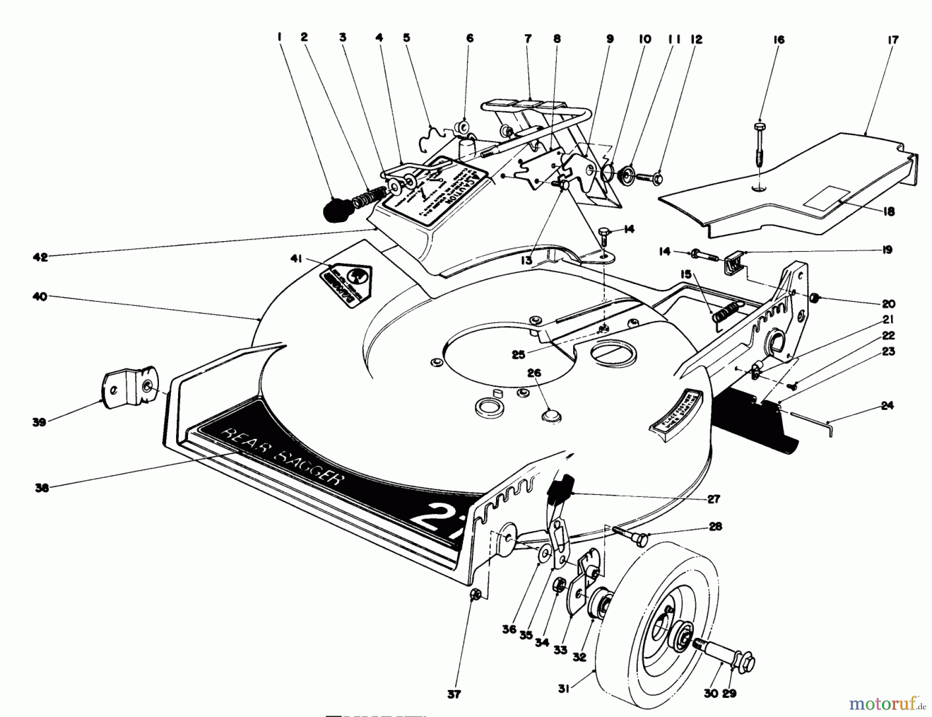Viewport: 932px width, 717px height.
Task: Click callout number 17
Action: [x=893, y=39]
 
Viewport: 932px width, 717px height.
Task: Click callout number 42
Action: [x=40, y=257]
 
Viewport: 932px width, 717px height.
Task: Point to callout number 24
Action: [x=887, y=405]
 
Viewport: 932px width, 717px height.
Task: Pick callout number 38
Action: [x=42, y=488]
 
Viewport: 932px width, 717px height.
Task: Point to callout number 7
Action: [x=528, y=39]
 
